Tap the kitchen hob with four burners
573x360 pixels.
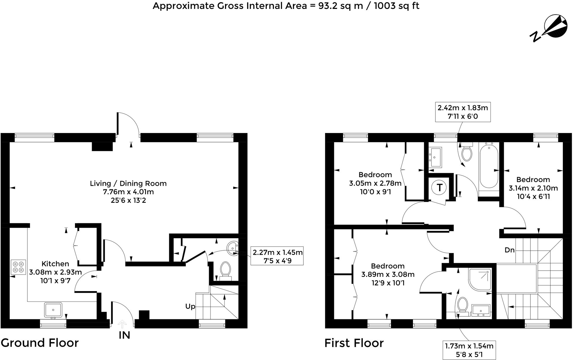(18, 267)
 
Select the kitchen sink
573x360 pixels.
(53, 310)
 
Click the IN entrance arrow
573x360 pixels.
(122, 324)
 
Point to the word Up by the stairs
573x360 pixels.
(190, 306)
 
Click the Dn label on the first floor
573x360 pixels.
(510, 250)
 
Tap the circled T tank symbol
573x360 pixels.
(439, 188)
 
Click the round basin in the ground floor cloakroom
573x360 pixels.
(232, 248)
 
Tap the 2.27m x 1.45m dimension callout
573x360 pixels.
(277, 256)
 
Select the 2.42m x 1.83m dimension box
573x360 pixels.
(463, 112)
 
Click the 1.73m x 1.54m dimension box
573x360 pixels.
(469, 350)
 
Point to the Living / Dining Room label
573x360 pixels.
(128, 183)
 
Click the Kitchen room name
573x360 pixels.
(55, 264)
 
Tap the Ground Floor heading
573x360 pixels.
(40, 343)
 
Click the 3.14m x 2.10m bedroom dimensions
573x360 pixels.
(533, 188)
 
